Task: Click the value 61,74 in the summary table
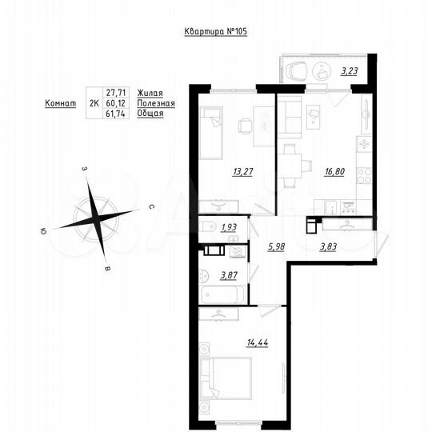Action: [x=116, y=114]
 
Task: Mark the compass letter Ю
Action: [x=43, y=231]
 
